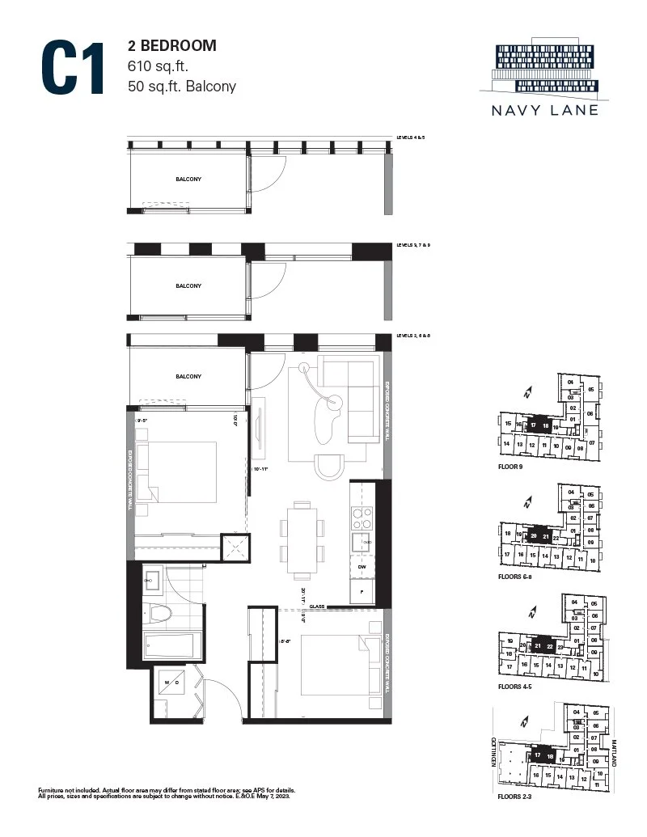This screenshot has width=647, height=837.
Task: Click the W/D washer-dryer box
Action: click(x=176, y=683)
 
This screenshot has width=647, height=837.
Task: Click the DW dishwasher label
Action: click(x=362, y=567)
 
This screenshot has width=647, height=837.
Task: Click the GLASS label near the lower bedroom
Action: click(x=317, y=605)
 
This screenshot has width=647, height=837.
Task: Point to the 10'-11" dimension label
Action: click(x=260, y=468)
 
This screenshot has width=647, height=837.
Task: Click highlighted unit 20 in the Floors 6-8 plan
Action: click(x=534, y=536)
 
